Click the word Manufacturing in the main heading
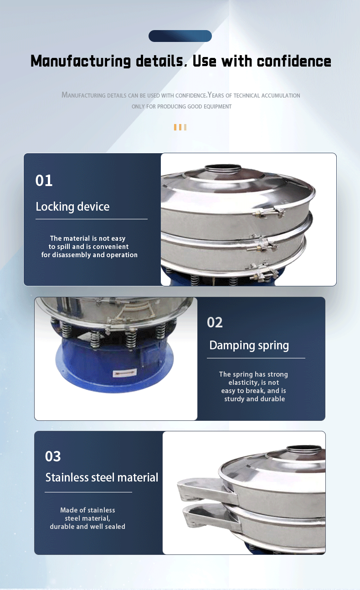(x=81, y=61)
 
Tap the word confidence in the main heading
(x=294, y=61)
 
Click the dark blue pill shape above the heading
(x=180, y=36)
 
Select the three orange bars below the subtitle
(x=180, y=127)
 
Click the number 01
(x=44, y=181)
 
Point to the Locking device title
(x=72, y=207)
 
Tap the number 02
(x=215, y=322)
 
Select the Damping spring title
(x=249, y=346)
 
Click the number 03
(x=53, y=456)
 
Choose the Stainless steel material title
(x=102, y=477)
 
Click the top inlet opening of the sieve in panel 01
(x=223, y=167)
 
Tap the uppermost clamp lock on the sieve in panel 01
(x=269, y=212)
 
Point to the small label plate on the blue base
(x=125, y=373)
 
